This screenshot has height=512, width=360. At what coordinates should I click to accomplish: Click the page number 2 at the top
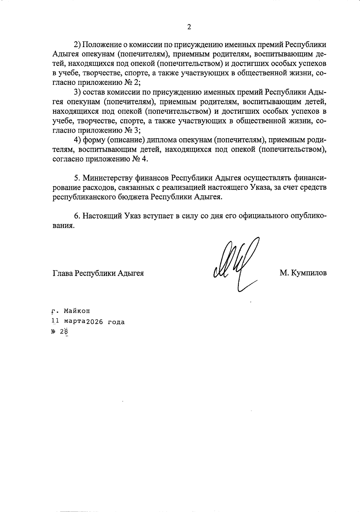pos(189,27)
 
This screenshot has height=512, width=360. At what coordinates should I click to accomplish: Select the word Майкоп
pos(76,311)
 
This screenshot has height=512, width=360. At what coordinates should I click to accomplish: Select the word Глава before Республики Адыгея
pos(63,273)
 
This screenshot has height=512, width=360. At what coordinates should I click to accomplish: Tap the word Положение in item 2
pos(102,45)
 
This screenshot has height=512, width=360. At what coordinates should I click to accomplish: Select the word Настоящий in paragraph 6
pos(102,216)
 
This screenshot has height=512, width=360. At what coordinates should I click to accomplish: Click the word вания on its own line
pos(63,226)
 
